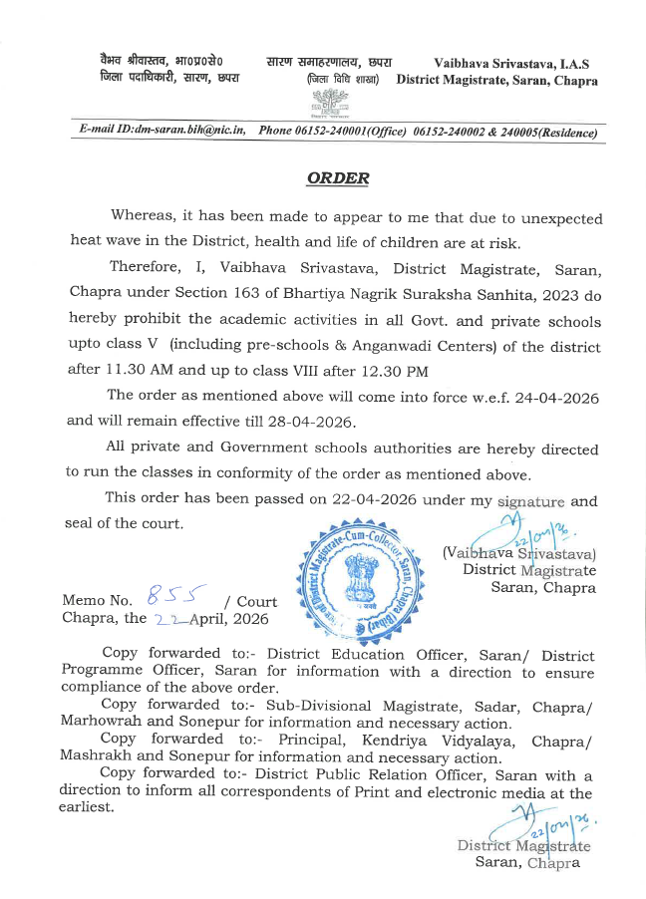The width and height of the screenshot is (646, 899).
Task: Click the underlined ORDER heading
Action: (338, 178)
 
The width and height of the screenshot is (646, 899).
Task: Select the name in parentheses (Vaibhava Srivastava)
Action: (518, 552)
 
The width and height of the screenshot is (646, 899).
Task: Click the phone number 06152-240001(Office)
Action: (332, 131)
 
